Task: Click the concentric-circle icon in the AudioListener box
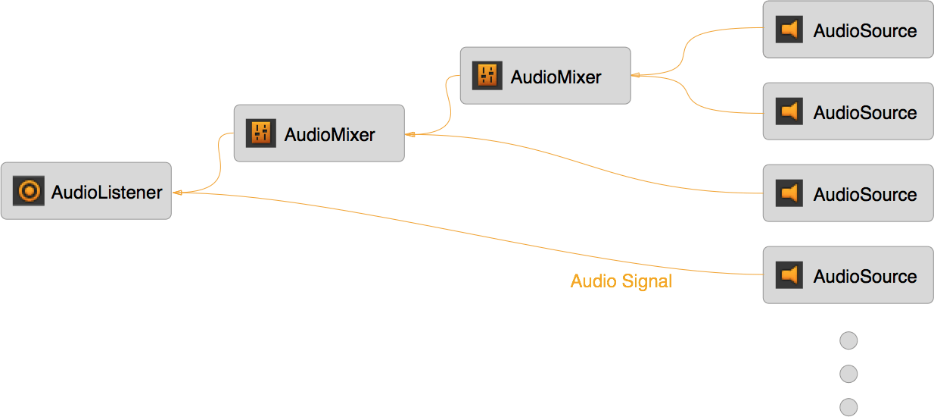pos(29,192)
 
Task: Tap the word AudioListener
pos(107,193)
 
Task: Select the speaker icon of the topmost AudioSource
pos(789,30)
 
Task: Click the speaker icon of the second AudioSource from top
pos(789,111)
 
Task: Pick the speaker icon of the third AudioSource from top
pos(789,193)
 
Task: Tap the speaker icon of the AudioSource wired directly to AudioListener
pos(789,275)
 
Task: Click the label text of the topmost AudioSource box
pos(865,31)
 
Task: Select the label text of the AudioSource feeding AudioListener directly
pos(865,277)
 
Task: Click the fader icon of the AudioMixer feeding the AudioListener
pos(261,133)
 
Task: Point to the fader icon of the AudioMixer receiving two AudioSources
pos(487,75)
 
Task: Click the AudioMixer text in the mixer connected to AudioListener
pos(329,135)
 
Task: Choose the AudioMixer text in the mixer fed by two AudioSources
pos(556,77)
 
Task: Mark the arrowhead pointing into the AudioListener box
pos(176,193)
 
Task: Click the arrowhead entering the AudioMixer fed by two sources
pos(635,75)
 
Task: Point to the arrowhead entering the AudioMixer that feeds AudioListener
pos(409,134)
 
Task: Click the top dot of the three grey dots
pos(848,341)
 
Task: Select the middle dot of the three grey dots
pos(848,374)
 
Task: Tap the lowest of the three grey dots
pos(848,406)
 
